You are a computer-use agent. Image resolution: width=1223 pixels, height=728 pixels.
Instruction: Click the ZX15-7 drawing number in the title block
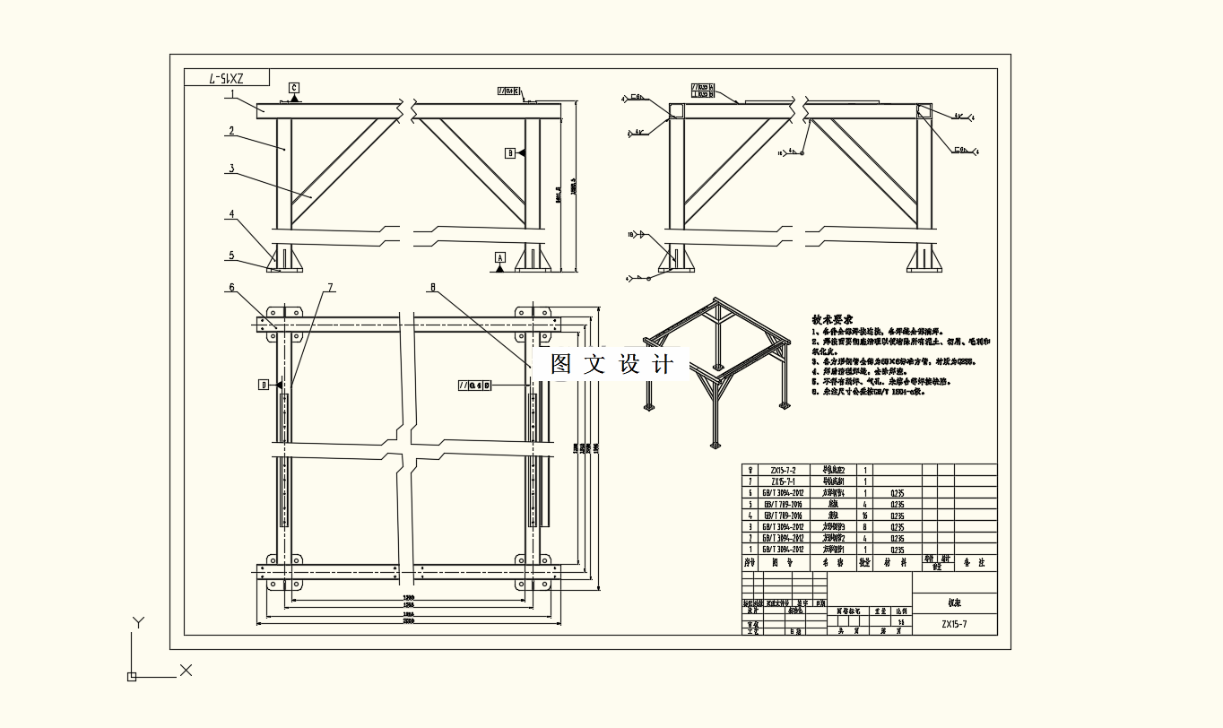coord(954,624)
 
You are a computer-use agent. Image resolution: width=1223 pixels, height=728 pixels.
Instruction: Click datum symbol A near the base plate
coord(500,258)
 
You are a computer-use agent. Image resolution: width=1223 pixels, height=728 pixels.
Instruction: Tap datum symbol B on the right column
coord(511,153)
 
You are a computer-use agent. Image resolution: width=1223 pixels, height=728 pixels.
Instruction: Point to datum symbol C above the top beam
coord(294,88)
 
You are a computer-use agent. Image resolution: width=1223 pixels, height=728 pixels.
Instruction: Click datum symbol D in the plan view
coord(264,385)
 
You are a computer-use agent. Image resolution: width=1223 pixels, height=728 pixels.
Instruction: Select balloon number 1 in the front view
coord(231,94)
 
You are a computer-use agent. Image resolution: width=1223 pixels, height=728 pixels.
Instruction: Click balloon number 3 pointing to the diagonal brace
coord(231,168)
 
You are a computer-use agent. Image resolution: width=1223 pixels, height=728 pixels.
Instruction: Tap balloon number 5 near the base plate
coord(231,256)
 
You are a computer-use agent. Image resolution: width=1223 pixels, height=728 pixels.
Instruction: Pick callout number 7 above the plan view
coord(330,288)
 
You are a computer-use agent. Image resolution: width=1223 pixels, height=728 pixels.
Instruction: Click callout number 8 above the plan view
coord(432,288)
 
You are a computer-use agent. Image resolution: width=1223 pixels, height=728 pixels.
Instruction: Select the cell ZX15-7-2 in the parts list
coord(776,470)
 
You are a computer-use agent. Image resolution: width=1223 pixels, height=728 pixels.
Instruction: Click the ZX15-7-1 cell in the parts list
coord(776,481)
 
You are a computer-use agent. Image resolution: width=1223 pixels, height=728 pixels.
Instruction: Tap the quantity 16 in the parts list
coord(864,516)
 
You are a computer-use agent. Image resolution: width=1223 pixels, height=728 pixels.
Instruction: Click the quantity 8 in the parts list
coord(864,527)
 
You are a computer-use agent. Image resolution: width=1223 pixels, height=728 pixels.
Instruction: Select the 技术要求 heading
coord(832,319)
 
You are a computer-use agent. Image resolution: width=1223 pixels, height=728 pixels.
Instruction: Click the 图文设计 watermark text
coord(611,364)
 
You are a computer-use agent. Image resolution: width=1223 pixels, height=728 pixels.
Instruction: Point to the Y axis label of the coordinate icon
coord(138,622)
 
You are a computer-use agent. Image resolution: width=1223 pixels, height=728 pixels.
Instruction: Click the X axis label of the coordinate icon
coord(186,670)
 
